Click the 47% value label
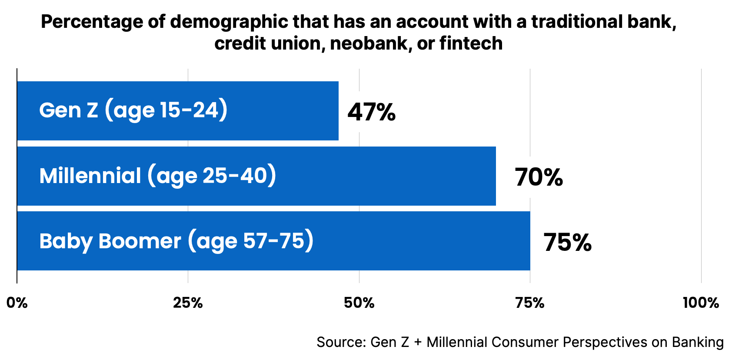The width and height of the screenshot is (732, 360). [371, 112]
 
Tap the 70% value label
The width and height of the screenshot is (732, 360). [539, 177]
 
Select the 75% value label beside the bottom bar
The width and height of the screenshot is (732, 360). [567, 243]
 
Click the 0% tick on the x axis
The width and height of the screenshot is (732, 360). [17, 303]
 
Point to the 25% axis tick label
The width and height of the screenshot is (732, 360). [188, 303]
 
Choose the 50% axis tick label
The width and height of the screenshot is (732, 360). [359, 303]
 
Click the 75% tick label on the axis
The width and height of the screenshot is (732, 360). [530, 303]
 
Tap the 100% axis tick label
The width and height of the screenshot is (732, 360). [700, 303]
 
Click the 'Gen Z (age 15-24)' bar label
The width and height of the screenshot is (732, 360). [133, 110]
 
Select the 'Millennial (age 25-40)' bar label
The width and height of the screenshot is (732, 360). [158, 176]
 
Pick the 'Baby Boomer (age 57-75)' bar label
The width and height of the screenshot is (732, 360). [176, 241]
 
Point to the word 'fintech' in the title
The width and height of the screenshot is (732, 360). [471, 43]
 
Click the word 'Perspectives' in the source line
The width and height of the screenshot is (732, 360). [605, 342]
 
